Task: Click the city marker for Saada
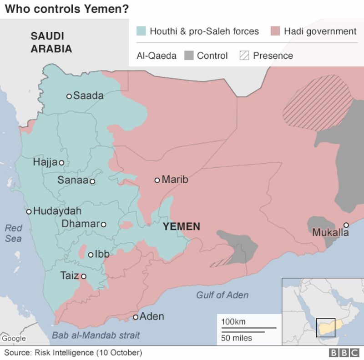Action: (x=69, y=96)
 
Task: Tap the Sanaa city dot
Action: (x=92, y=181)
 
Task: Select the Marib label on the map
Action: (x=175, y=180)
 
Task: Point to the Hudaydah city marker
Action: (x=29, y=211)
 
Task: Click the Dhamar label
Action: (x=80, y=224)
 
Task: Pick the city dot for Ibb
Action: (x=91, y=255)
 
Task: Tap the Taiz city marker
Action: (x=83, y=276)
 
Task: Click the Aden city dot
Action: (x=136, y=317)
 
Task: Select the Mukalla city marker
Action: (x=346, y=225)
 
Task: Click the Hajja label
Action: (x=45, y=162)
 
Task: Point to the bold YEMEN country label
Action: (x=182, y=226)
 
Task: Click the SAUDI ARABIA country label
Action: (x=51, y=42)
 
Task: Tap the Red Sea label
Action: (x=13, y=233)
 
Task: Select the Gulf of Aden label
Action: (x=222, y=295)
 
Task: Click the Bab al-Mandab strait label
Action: (x=96, y=335)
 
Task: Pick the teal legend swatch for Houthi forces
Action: (x=142, y=31)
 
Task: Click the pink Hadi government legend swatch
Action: (x=275, y=31)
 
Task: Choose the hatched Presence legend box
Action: (x=244, y=56)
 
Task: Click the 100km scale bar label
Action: (x=234, y=322)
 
